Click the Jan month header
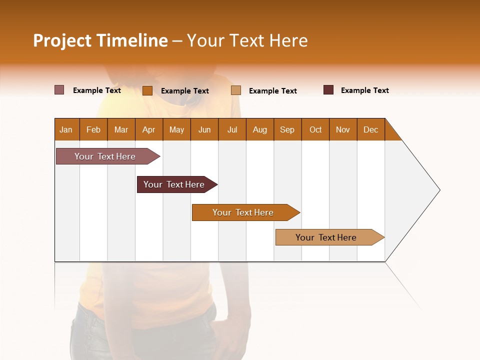click(x=66, y=129)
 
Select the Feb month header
click(x=93, y=129)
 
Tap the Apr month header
click(x=148, y=129)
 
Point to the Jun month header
click(x=204, y=129)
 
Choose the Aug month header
click(x=259, y=129)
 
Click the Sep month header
click(x=287, y=129)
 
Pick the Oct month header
click(x=315, y=129)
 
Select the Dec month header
click(x=370, y=129)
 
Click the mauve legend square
click(x=59, y=90)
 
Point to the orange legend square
click(x=147, y=90)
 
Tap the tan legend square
click(x=236, y=90)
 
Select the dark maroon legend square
click(x=328, y=90)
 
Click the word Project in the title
click(x=62, y=40)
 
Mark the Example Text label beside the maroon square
click(x=364, y=90)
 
